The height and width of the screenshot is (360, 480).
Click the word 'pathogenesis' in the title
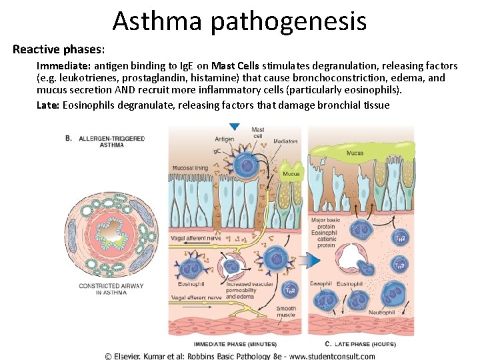coord(288,22)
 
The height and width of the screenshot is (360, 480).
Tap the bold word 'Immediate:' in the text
coord(63,66)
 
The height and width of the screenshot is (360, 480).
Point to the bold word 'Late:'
coord(48,105)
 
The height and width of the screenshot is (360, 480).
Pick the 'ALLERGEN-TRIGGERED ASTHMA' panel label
coord(111,141)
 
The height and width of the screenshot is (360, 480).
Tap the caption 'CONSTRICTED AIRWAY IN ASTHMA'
coord(111,289)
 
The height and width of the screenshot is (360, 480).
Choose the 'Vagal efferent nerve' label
coord(196,297)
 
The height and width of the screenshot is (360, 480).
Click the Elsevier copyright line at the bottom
coord(240,355)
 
